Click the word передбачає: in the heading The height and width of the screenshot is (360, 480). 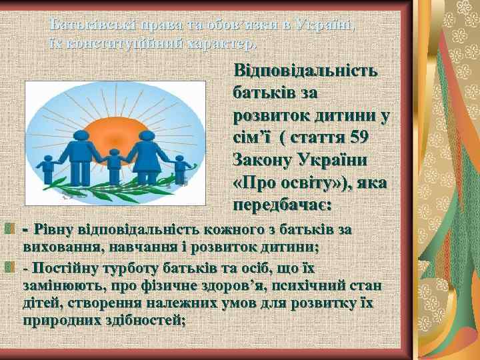282,203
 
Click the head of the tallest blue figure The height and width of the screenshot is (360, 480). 81,135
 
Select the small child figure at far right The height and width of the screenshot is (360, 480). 180,170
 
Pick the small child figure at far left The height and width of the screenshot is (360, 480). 48,170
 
